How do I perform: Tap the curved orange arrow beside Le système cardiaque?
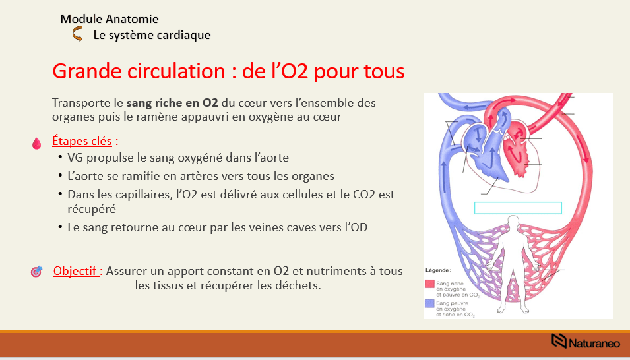(x=77, y=35)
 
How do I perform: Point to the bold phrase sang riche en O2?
(x=172, y=104)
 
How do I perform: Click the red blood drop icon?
(x=37, y=142)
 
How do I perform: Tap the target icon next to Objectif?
(x=37, y=272)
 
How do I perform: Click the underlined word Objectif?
(x=77, y=271)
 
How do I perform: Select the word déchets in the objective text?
(x=299, y=286)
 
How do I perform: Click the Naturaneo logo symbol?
(x=559, y=341)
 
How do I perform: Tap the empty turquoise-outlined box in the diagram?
(x=518, y=208)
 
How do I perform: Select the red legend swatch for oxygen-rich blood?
(x=429, y=284)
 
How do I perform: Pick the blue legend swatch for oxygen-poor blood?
(x=429, y=304)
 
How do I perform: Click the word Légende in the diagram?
(x=438, y=270)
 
